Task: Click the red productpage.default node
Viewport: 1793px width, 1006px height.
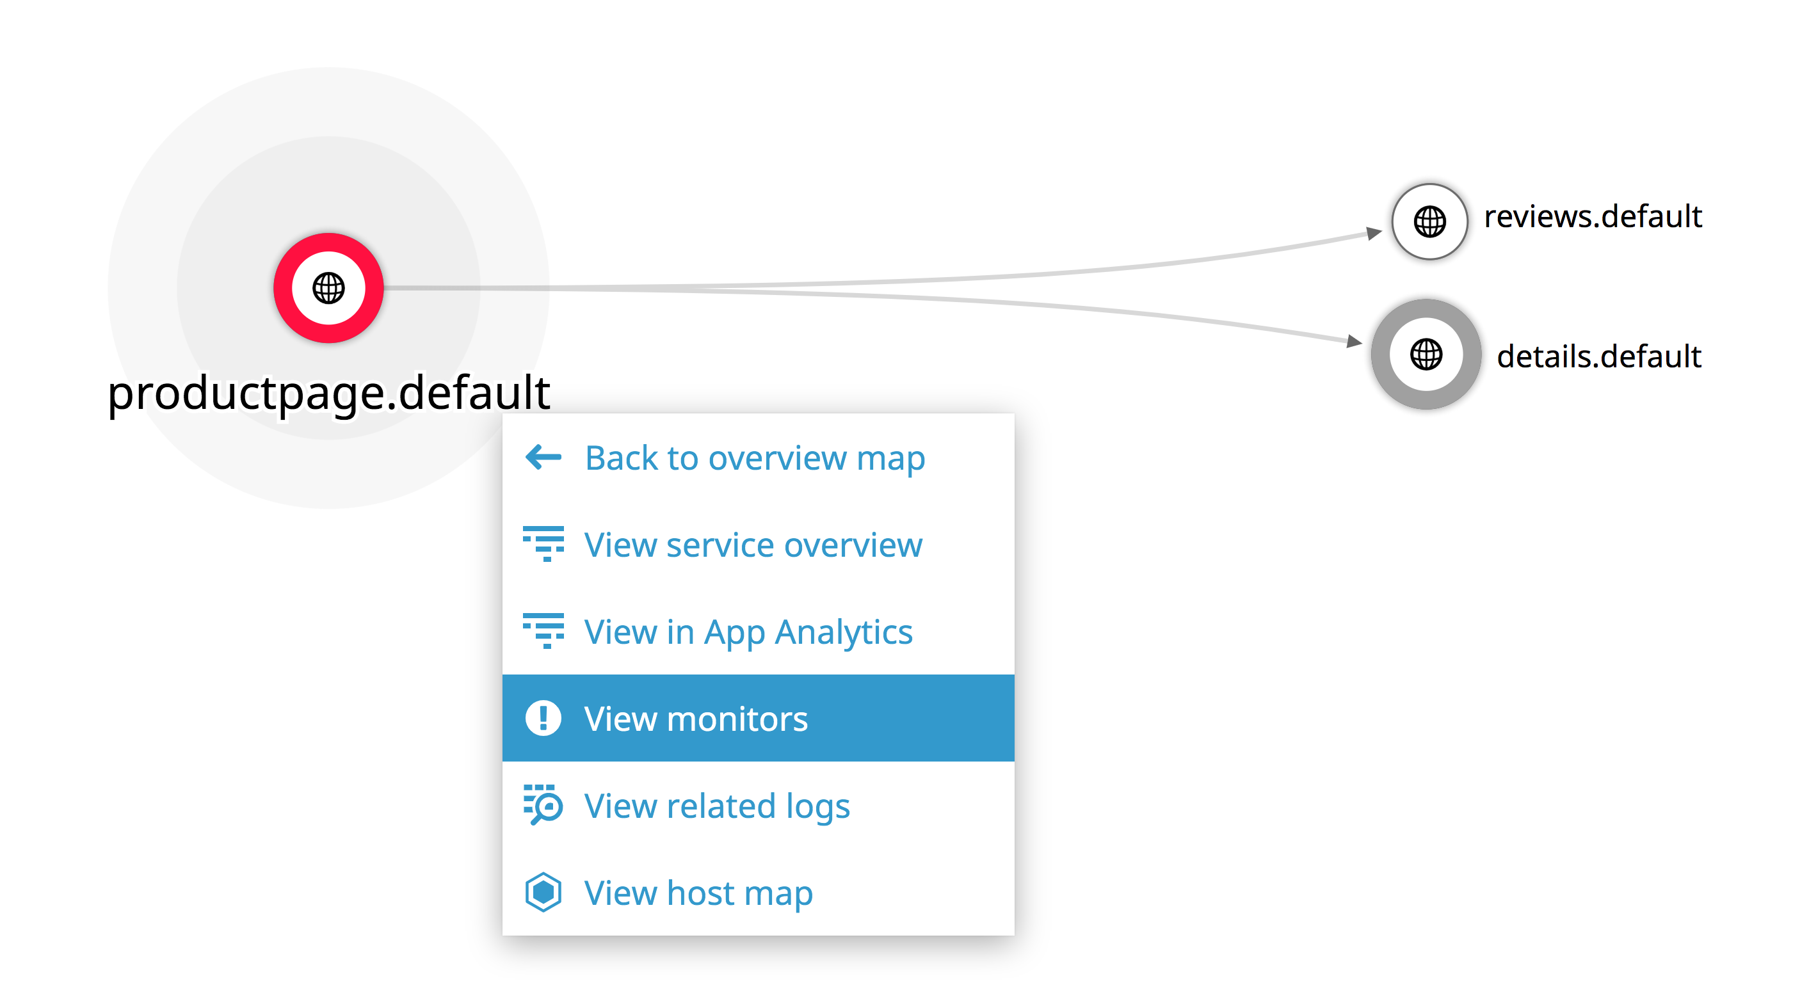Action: tap(328, 288)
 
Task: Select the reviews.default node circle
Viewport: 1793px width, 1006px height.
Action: tap(1429, 221)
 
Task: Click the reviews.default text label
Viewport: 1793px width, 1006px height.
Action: tap(1593, 216)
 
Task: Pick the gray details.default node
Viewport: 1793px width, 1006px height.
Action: tap(1426, 354)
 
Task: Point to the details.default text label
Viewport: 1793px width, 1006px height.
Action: tap(1599, 356)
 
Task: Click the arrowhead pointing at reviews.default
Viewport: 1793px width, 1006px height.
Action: tap(1374, 232)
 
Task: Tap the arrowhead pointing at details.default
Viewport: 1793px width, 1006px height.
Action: tap(1355, 341)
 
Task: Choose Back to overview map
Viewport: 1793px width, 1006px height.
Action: tap(755, 458)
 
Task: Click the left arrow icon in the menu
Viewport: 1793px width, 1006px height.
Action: tap(543, 457)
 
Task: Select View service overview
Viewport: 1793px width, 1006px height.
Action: tap(753, 545)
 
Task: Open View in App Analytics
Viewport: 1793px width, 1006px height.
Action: tap(748, 632)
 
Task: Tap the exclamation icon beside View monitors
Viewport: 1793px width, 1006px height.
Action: tap(543, 718)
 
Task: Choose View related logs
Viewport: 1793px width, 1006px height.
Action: tap(717, 806)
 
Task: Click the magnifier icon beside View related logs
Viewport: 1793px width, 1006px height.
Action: tap(543, 805)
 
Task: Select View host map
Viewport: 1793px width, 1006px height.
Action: tap(698, 893)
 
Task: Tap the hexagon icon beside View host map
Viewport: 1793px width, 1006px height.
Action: tap(543, 892)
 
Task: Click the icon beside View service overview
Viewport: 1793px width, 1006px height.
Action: tap(543, 544)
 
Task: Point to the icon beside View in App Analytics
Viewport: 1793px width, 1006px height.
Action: tap(543, 631)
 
